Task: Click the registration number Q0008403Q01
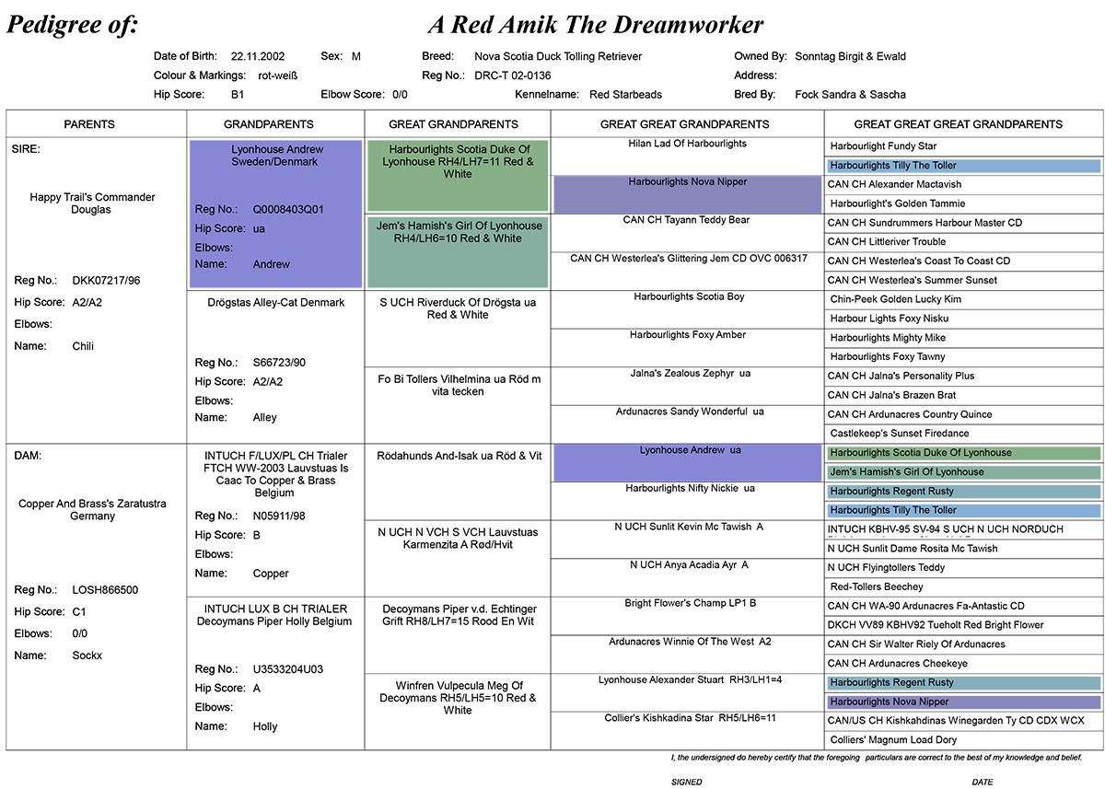288,210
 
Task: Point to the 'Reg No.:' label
216,210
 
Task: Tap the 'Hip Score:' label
220,229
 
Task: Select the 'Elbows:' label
214,248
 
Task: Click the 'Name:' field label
211,264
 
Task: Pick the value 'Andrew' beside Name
272,264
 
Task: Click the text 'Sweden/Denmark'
274,162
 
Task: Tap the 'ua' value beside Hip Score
259,229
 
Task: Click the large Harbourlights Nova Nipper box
687,194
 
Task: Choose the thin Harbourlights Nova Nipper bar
963,702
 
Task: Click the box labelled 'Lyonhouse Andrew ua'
687,462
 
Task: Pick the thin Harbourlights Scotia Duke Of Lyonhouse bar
963,453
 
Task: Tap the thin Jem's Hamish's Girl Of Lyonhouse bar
963,472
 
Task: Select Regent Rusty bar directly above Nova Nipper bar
963,683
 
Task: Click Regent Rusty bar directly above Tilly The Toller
963,492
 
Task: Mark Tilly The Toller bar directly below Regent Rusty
963,510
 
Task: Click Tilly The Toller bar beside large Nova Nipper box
963,166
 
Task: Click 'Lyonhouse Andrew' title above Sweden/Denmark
277,149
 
